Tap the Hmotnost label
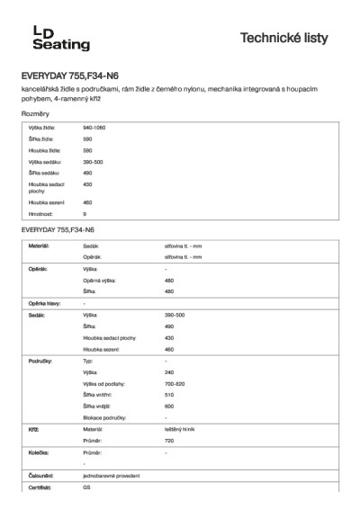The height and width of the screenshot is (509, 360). click(x=40, y=214)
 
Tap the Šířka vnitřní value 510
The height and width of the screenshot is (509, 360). click(x=169, y=395)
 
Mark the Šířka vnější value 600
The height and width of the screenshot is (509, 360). click(x=169, y=406)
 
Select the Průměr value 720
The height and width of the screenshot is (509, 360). click(x=169, y=442)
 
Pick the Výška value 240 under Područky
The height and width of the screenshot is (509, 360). click(x=169, y=371)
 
